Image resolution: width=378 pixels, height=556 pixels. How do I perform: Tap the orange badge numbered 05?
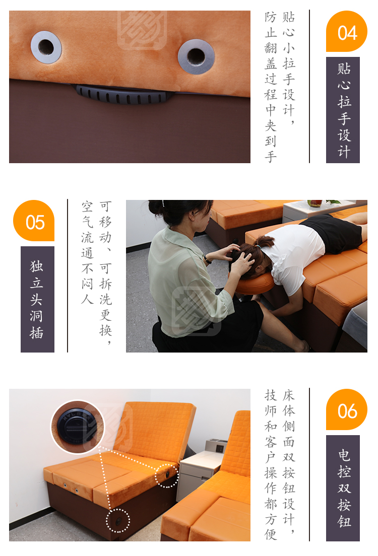click(x=34, y=221)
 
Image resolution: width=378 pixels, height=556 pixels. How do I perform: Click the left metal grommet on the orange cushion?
click(x=46, y=47)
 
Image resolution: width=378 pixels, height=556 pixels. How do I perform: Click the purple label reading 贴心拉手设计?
click(x=343, y=110)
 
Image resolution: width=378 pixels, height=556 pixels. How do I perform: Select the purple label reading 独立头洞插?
click(x=37, y=299)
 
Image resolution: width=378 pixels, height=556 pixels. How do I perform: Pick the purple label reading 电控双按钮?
click(x=343, y=488)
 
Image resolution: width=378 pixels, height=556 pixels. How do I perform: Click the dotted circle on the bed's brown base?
click(x=118, y=521)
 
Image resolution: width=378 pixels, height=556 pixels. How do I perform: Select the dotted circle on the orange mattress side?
click(x=166, y=475)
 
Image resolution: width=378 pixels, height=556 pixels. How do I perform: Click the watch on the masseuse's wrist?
click(x=206, y=260)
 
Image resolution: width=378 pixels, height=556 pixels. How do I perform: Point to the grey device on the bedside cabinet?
click(x=216, y=445)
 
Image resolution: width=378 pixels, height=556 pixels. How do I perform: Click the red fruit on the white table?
click(x=314, y=203)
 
